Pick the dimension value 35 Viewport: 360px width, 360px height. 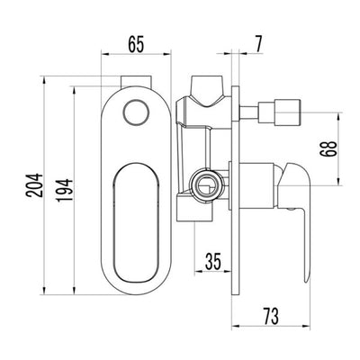[x=212, y=264]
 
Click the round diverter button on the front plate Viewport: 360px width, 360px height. [x=135, y=112]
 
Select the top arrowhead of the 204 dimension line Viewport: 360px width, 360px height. [x=41, y=78]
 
